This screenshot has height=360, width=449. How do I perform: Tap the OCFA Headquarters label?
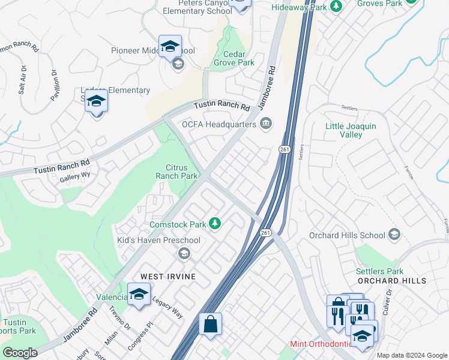tap(219, 124)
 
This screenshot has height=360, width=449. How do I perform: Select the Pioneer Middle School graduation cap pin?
tap(170, 46)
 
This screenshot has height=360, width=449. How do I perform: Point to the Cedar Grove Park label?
tap(235, 58)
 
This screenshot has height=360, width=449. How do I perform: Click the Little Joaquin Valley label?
tap(351, 130)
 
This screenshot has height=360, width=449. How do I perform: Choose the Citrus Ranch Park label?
tap(176, 172)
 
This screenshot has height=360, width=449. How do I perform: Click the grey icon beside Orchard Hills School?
tap(394, 235)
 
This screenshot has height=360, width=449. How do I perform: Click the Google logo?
tap(20, 353)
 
